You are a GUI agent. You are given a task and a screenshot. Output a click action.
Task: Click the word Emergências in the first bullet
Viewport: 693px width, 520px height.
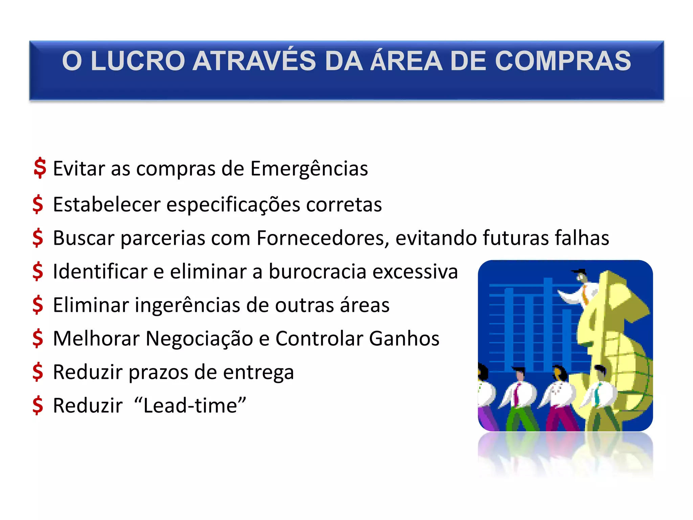309,169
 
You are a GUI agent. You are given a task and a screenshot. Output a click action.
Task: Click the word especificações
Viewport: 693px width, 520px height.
233,205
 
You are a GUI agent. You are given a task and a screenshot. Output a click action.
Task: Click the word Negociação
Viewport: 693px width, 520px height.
199,339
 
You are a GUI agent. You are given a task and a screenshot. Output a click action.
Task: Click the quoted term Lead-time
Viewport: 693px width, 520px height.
190,405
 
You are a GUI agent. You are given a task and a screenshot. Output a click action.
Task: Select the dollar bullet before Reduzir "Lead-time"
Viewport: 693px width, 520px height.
38,405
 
